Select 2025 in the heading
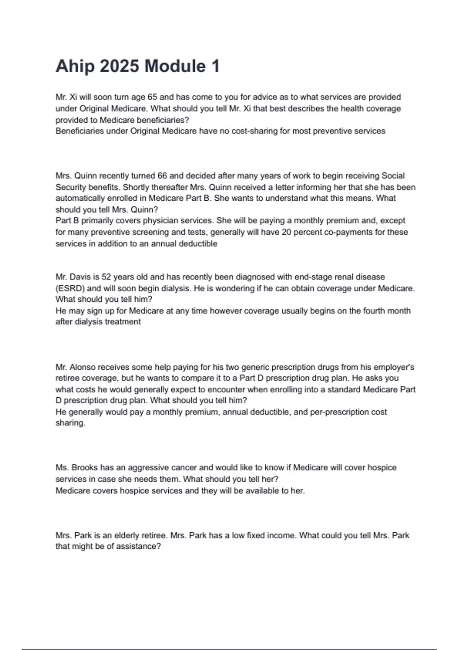point(119,66)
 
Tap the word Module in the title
point(175,66)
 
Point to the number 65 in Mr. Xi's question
point(152,97)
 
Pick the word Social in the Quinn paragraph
point(393,176)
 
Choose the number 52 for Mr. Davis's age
point(106,277)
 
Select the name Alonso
point(83,367)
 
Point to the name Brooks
point(85,468)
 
